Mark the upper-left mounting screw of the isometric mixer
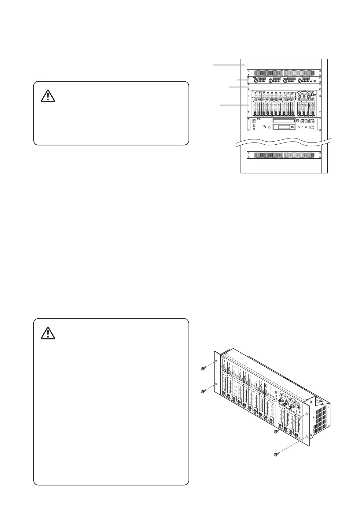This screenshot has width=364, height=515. click(x=203, y=369)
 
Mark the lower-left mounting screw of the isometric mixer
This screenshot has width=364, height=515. click(x=203, y=391)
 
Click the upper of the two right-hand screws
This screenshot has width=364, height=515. click(x=276, y=431)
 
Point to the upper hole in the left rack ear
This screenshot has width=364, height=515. click(x=216, y=361)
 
